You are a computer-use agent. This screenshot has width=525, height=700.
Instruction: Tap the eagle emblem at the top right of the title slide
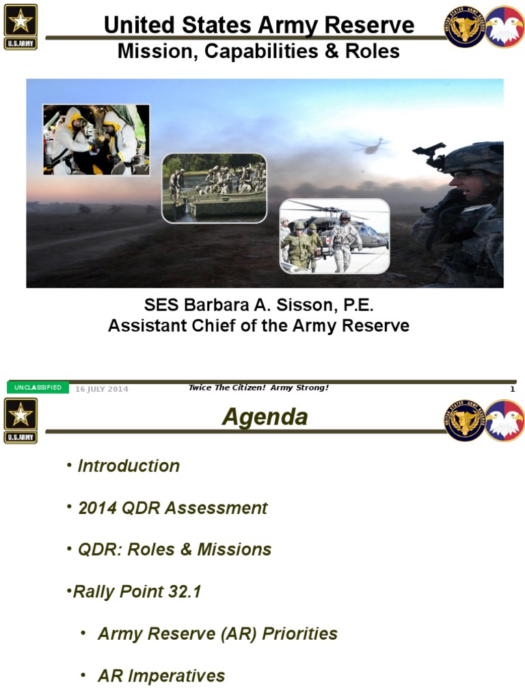(x=504, y=27)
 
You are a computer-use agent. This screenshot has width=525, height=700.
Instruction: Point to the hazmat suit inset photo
(x=96, y=140)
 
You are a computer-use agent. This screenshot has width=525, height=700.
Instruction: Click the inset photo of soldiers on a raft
(x=213, y=188)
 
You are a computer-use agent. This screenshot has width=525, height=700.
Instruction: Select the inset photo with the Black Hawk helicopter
(x=334, y=236)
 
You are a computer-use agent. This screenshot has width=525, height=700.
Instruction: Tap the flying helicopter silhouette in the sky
(x=370, y=146)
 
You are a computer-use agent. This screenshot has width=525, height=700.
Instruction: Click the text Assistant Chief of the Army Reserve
(x=258, y=326)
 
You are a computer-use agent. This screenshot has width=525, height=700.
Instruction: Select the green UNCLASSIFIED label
(x=38, y=388)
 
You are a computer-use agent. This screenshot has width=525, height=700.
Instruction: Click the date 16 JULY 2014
(x=102, y=389)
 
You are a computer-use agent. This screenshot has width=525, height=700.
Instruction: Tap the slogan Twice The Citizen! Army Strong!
(x=258, y=388)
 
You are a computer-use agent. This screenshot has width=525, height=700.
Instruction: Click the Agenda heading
(x=265, y=417)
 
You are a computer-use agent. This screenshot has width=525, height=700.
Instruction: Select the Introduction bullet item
(x=129, y=466)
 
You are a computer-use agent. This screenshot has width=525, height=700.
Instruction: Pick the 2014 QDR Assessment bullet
(x=172, y=508)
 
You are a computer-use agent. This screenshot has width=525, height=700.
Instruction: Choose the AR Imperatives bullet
(x=161, y=676)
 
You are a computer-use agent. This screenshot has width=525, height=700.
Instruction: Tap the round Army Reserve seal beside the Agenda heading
(x=465, y=420)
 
